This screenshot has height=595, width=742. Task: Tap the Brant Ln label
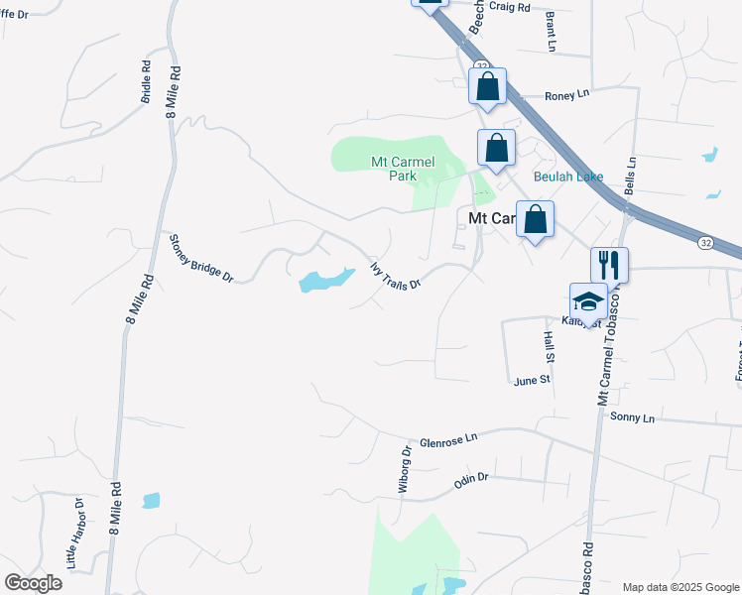551,32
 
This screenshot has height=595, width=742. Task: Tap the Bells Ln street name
629,174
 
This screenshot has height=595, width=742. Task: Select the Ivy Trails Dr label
396,275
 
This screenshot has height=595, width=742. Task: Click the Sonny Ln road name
632,418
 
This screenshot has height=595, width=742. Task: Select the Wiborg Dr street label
405,469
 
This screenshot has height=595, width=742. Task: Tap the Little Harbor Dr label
76,539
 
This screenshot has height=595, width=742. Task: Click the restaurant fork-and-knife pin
609,266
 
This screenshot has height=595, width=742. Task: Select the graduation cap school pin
588,302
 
